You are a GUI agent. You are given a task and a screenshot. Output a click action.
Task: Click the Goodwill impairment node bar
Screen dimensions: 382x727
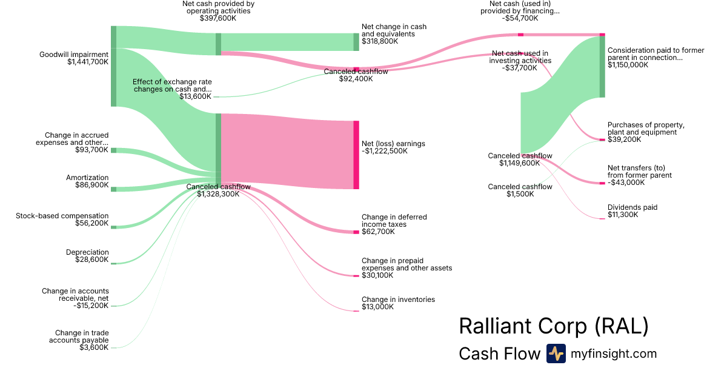click(x=113, y=66)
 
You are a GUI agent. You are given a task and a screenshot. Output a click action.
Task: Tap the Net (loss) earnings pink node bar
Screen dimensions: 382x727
click(x=356, y=155)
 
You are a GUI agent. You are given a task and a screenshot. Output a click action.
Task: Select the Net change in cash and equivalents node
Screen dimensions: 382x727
click(x=356, y=42)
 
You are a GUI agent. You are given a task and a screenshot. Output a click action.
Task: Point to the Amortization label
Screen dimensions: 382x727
click(x=87, y=178)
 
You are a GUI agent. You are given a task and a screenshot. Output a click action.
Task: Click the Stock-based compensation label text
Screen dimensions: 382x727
click(x=62, y=216)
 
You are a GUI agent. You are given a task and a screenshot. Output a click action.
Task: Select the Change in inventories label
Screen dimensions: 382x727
click(x=398, y=300)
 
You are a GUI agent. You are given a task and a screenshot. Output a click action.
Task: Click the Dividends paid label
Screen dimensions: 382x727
click(x=632, y=207)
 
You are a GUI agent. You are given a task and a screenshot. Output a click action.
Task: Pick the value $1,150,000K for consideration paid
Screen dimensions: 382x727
click(x=628, y=65)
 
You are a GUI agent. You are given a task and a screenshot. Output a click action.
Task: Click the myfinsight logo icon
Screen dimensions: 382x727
click(x=556, y=354)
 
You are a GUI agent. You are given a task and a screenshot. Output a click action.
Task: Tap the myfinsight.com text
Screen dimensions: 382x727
click(x=614, y=354)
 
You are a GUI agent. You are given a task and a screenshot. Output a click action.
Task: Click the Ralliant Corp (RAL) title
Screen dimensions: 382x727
click(x=554, y=326)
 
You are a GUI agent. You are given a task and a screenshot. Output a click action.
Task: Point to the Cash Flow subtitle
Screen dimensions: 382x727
click(x=499, y=354)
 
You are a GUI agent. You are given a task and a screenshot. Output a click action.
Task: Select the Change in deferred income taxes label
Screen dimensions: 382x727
click(x=391, y=221)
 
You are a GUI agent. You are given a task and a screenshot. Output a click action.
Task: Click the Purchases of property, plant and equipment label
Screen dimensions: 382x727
click(x=646, y=129)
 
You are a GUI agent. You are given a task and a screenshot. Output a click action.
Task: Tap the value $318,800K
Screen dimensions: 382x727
click(x=380, y=42)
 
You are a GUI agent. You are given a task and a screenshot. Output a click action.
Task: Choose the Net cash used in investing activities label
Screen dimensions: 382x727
click(x=520, y=57)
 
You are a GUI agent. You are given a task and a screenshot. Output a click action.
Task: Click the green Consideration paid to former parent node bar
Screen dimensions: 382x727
click(x=602, y=67)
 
